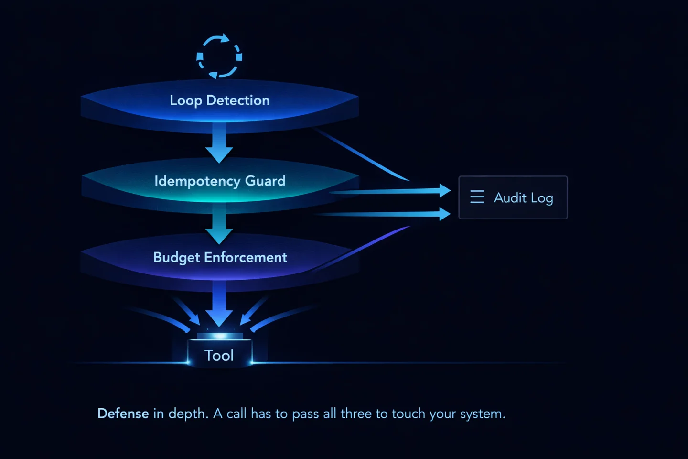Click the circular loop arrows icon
tap(219, 56)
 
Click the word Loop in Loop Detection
tap(185, 100)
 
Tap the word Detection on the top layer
tap(238, 100)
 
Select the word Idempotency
tap(197, 181)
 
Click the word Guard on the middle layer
tap(265, 181)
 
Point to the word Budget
tap(176, 257)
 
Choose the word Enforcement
tap(246, 257)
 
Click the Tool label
tap(219, 355)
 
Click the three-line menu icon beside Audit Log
tap(477, 197)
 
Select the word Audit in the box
tap(510, 197)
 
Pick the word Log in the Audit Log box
tap(542, 198)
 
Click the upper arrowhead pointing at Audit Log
tap(444, 190)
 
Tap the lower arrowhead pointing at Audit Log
tap(444, 214)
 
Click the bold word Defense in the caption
tap(123, 414)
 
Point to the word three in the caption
tap(356, 414)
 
